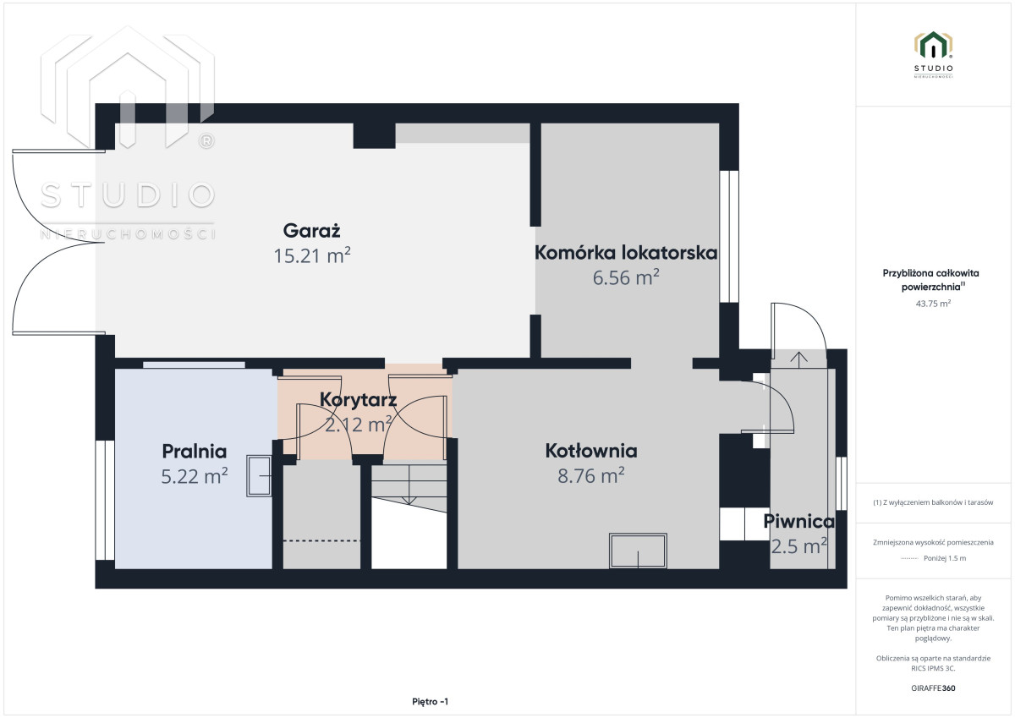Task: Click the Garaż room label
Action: tap(312, 231)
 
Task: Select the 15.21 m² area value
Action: tap(312, 255)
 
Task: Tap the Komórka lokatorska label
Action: tap(626, 252)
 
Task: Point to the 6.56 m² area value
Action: tap(626, 277)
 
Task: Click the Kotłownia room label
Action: tap(591, 451)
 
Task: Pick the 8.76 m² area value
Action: tap(591, 475)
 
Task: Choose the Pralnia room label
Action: tap(195, 452)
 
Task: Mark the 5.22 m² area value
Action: tap(195, 476)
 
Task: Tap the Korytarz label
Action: tap(358, 399)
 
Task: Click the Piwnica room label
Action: tap(798, 522)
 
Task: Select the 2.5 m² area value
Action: tap(798, 546)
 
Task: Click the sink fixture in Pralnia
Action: tap(259, 475)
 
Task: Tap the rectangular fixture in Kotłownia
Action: tap(638, 551)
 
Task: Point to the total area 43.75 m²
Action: tap(933, 304)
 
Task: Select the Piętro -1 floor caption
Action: tap(430, 702)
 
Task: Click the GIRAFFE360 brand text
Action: tap(933, 688)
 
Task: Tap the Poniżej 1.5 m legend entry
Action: tap(945, 558)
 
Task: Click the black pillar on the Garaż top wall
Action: tap(374, 135)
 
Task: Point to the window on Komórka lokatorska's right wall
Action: tap(729, 237)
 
